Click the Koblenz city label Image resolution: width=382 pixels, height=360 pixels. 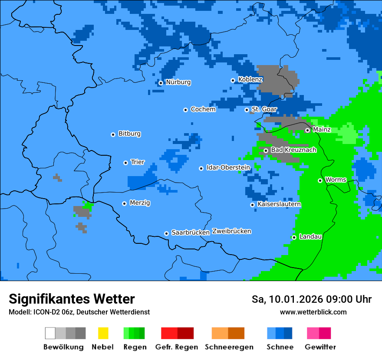tap(250, 79)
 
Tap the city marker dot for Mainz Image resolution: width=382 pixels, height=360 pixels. tap(307, 130)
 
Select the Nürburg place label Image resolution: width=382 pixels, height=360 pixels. tap(178, 82)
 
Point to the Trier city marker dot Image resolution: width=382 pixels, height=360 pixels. tap(125, 163)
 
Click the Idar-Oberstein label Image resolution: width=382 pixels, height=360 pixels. tap(228, 167)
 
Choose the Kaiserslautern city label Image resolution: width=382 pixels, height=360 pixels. tap(279, 204)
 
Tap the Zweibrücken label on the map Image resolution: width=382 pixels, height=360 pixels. tap(231, 231)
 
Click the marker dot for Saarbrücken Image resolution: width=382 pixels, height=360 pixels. tap(166, 233)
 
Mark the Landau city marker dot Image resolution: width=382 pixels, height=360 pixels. tap(294, 237)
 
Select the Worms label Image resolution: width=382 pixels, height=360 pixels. tap(336, 180)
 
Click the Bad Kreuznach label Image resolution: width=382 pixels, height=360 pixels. tap(293, 150)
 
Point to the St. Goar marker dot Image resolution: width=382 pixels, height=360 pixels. tap(247, 110)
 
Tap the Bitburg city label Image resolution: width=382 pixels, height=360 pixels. tap(129, 134)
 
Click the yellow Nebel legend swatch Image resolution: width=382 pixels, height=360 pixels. tap(103, 333)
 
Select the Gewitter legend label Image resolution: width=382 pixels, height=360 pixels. tap(320, 347)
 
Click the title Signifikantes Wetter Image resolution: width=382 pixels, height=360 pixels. tap(72, 299)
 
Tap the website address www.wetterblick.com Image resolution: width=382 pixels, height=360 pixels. tap(313, 312)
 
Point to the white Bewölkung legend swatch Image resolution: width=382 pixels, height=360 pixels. tap(50, 333)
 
